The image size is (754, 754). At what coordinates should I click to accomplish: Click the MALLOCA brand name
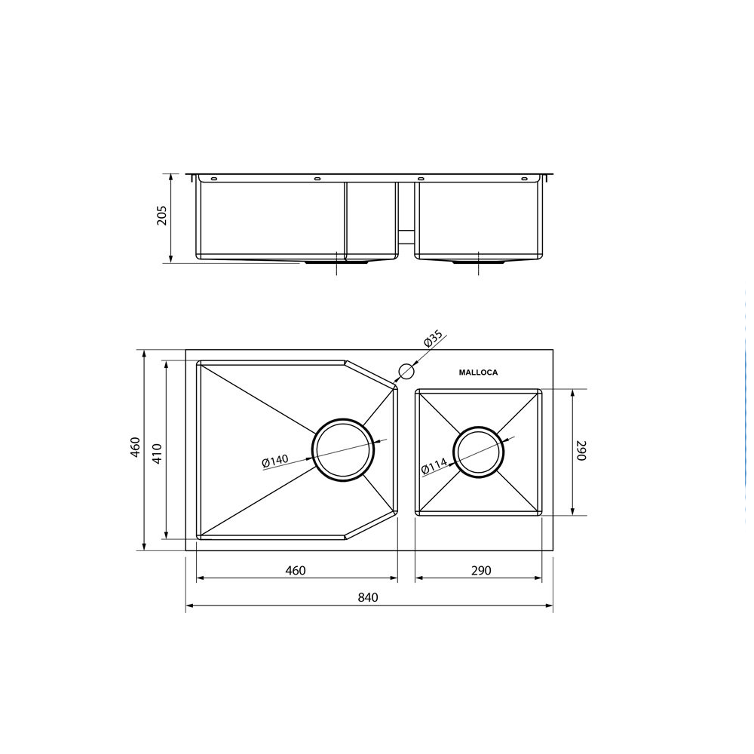[x=478, y=372]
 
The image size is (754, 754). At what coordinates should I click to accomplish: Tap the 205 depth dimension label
[x=161, y=216]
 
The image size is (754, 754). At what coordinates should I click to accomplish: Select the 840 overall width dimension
[x=368, y=597]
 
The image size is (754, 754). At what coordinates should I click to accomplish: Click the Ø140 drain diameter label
[x=275, y=461]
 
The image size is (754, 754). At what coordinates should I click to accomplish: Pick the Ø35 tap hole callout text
[x=434, y=340]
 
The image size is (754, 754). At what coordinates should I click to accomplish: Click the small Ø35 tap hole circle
[x=406, y=372]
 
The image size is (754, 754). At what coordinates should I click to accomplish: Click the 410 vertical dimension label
[x=158, y=453]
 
